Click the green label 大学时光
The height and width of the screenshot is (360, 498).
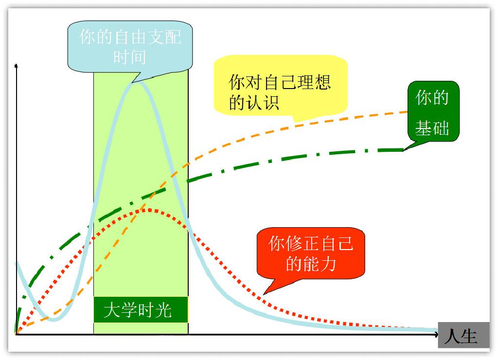140,310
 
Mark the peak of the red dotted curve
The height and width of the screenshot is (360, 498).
149,210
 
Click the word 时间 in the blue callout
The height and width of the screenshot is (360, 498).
129,56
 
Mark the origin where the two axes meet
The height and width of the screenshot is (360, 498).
17,334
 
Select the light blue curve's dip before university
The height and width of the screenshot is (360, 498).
53,320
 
